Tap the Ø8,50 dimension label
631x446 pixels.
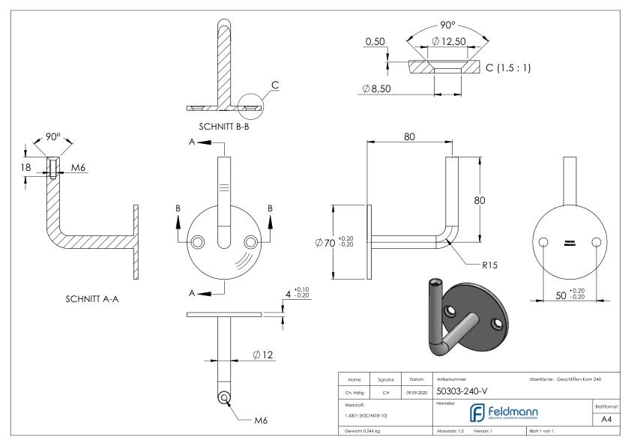(x=376, y=88)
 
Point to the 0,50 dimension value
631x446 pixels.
(x=375, y=41)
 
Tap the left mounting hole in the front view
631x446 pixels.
(x=197, y=241)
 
